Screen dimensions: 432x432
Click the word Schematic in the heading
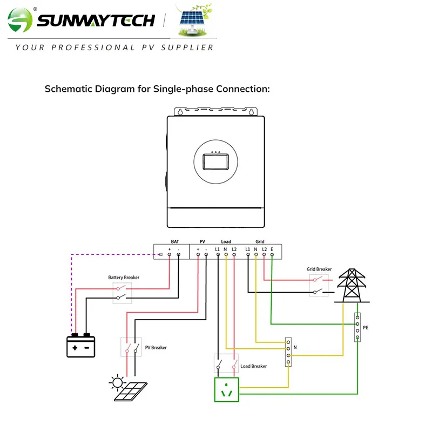coord(67,89)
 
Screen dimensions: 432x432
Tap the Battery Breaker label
coord(124,278)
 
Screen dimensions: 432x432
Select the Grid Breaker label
coord(319,269)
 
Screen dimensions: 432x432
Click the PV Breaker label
coord(156,348)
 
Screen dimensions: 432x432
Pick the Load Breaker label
coord(253,366)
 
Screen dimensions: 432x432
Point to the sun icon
coord(116,383)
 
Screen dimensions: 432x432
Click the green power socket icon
coord(226,389)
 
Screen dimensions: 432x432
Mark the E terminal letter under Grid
coord(272,249)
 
